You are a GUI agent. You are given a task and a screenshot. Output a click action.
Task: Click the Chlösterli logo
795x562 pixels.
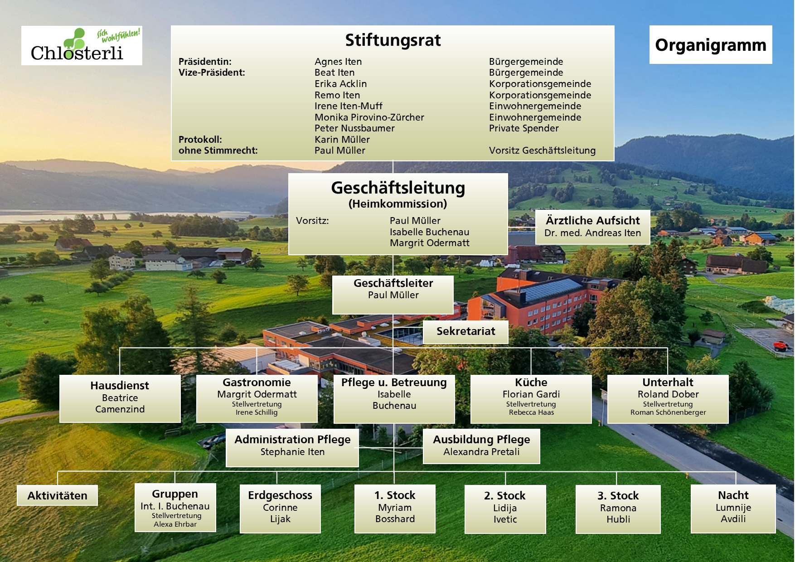point(82,45)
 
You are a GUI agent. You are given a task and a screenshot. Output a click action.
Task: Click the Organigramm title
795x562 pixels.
point(711,45)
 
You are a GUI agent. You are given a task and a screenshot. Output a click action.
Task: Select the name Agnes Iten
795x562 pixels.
point(338,62)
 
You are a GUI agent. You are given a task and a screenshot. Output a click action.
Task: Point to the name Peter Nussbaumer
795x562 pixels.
point(354,128)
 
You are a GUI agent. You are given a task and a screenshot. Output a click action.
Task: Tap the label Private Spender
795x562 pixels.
point(524,128)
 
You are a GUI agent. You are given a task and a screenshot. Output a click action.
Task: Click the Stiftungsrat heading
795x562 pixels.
point(393,40)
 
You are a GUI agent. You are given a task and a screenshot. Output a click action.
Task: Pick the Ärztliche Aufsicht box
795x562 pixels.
point(592,227)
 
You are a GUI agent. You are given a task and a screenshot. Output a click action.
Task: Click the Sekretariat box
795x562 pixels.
point(465,332)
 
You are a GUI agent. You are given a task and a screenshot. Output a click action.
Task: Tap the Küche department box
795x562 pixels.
point(531,399)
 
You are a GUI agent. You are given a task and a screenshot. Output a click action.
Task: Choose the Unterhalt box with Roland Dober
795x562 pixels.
point(668,399)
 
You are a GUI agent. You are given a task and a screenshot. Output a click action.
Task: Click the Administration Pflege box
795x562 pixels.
point(292,448)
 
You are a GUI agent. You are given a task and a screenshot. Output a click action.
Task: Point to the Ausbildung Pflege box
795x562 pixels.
point(481,446)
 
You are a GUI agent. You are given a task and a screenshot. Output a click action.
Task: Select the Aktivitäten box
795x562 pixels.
point(58,495)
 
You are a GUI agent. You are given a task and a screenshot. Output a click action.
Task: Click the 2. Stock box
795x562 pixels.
point(505,509)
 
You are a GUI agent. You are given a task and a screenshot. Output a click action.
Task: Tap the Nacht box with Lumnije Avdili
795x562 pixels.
point(733,509)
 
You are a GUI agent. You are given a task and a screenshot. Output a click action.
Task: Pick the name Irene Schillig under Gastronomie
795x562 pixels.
point(257,412)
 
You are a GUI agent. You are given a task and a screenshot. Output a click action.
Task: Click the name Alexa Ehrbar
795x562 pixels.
point(175,524)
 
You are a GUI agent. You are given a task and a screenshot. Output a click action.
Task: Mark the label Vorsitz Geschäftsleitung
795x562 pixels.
point(542,150)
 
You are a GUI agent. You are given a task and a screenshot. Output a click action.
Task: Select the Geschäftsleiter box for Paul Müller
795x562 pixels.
point(393,295)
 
